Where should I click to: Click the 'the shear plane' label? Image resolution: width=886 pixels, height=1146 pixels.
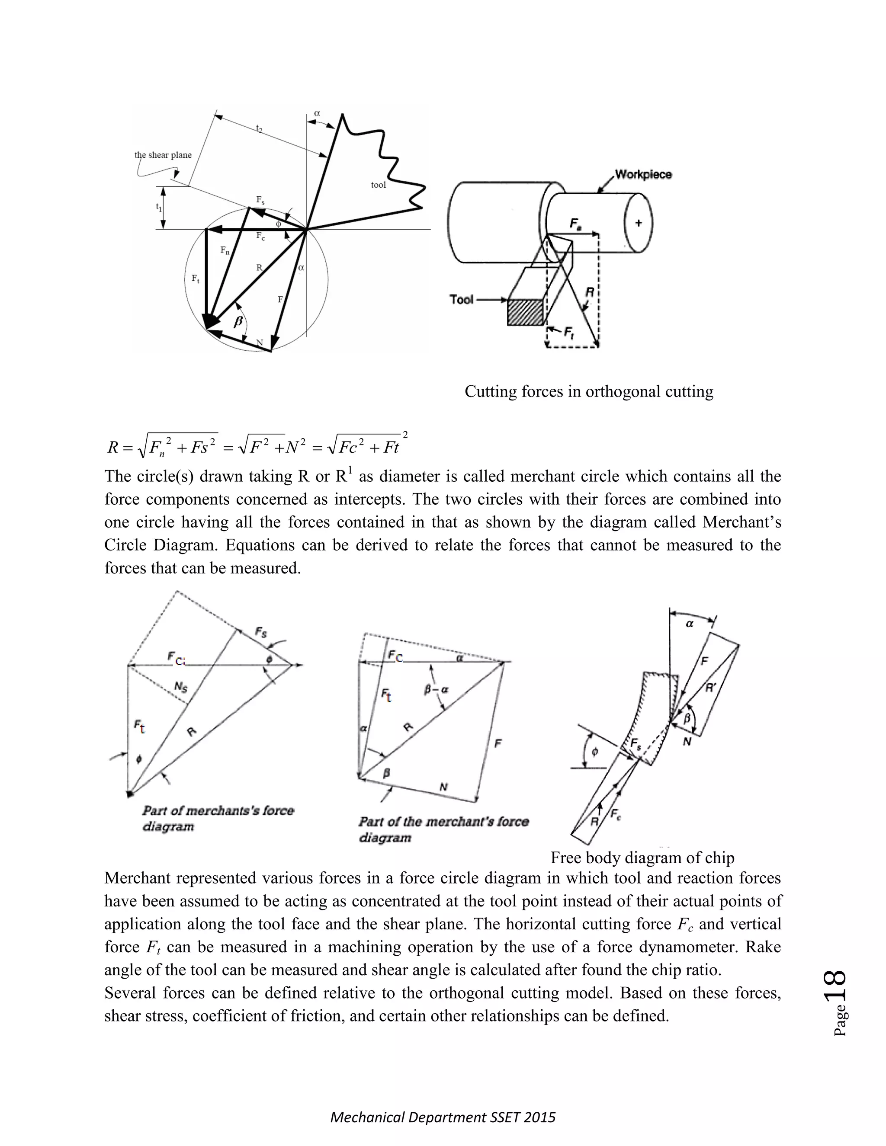[x=163, y=155]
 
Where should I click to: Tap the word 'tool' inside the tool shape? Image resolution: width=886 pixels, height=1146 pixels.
[x=378, y=185]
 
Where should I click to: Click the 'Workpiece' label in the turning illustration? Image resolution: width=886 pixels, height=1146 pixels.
[x=643, y=174]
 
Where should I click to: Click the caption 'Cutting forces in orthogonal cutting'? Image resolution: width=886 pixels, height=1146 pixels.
[x=588, y=391]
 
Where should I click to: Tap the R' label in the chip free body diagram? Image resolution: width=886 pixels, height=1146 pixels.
[x=711, y=688]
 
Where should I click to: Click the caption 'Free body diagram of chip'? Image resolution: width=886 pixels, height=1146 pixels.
[x=642, y=858]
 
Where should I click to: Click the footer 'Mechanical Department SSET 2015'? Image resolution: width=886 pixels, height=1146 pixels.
[x=443, y=1117]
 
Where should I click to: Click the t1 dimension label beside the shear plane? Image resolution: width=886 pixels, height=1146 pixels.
[x=158, y=207]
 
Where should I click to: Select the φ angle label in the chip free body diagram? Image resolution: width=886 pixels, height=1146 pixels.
[x=595, y=752]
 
